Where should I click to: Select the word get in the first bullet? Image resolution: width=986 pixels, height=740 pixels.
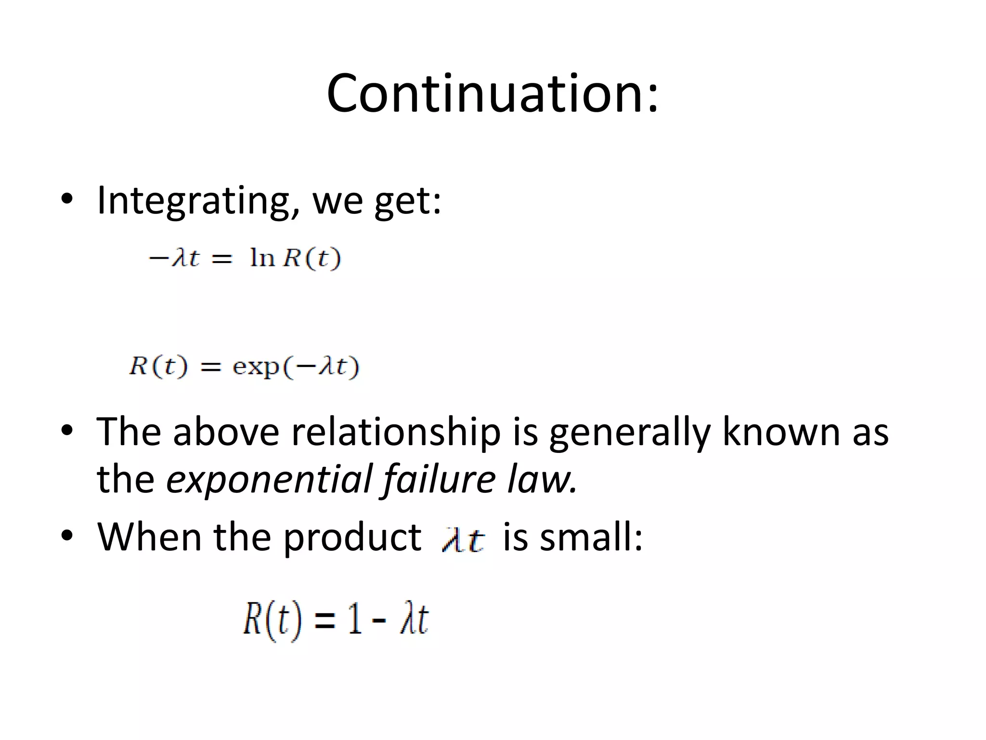click(403, 202)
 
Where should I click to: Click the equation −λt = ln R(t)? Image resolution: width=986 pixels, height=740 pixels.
click(245, 259)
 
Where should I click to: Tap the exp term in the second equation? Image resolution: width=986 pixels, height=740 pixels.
click(256, 368)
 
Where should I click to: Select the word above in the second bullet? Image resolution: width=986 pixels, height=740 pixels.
click(226, 431)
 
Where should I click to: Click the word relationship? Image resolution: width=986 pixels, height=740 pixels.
click(396, 432)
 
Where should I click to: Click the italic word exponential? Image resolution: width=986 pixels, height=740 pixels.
click(269, 479)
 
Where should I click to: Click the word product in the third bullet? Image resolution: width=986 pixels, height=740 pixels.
click(352, 538)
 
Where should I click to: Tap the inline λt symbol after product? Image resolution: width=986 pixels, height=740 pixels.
click(463, 540)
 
